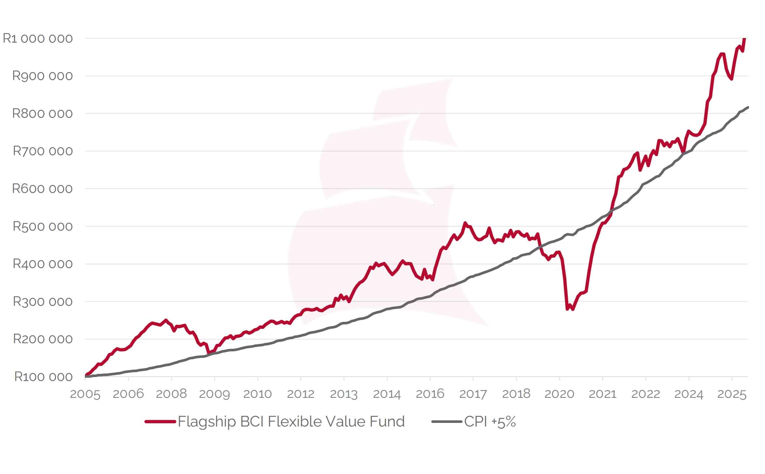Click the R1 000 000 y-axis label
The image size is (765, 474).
(38, 38)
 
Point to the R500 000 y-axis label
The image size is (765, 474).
(43, 226)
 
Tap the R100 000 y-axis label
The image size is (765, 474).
(44, 377)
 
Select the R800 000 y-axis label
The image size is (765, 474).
(43, 114)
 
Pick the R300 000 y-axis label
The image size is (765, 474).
(43, 302)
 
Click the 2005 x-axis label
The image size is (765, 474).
(85, 394)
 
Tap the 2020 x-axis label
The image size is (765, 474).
(559, 394)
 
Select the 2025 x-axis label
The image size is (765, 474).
(732, 394)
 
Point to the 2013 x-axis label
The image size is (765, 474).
(344, 394)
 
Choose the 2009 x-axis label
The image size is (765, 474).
(214, 394)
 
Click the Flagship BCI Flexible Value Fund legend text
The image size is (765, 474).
(291, 422)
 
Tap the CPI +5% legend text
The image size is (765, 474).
(490, 422)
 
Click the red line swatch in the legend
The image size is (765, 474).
(160, 422)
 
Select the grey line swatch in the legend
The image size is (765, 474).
(447, 422)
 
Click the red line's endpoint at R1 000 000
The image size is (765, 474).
(745, 39)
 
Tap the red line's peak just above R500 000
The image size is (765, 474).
(465, 223)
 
